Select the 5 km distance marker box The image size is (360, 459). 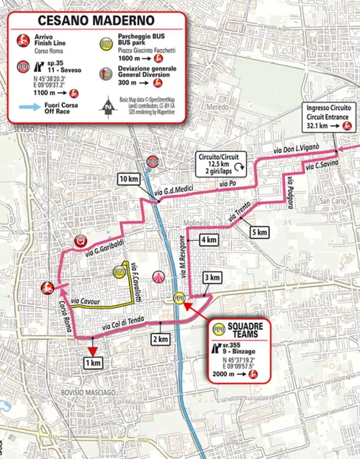260,232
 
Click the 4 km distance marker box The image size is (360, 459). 209,239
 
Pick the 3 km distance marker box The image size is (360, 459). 211,278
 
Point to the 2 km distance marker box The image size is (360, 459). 160,339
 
